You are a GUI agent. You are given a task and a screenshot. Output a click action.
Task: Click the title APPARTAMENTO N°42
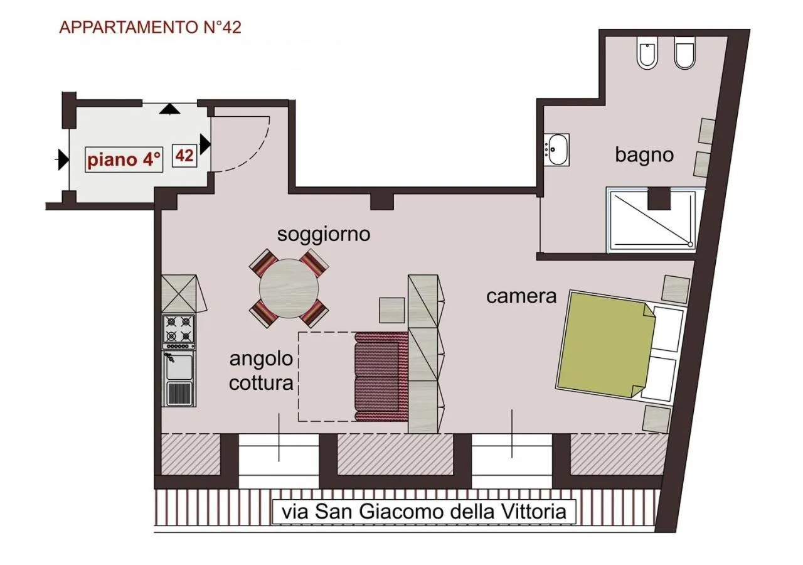[x=150, y=28]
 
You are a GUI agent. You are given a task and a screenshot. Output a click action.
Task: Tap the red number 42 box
[x=184, y=155]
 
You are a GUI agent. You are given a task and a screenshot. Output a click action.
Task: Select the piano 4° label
[x=125, y=159]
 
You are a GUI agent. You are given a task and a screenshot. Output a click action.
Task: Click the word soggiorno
[x=324, y=235]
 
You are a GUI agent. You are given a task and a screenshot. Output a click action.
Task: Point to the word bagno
[x=644, y=154]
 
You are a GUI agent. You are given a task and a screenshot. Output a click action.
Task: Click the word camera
[x=521, y=296]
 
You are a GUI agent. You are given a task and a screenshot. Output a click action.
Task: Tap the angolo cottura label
[x=261, y=371]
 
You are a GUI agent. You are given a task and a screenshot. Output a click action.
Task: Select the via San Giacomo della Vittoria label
[x=424, y=511]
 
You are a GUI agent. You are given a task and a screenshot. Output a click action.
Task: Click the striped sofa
[x=381, y=377]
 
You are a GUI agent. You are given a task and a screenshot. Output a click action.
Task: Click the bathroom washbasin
[x=556, y=149]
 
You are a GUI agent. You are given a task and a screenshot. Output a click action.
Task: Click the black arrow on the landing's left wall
[x=61, y=159]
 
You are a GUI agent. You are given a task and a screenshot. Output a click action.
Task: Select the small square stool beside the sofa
[x=392, y=309]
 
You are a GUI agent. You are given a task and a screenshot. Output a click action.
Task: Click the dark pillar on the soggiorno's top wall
[x=381, y=201]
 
